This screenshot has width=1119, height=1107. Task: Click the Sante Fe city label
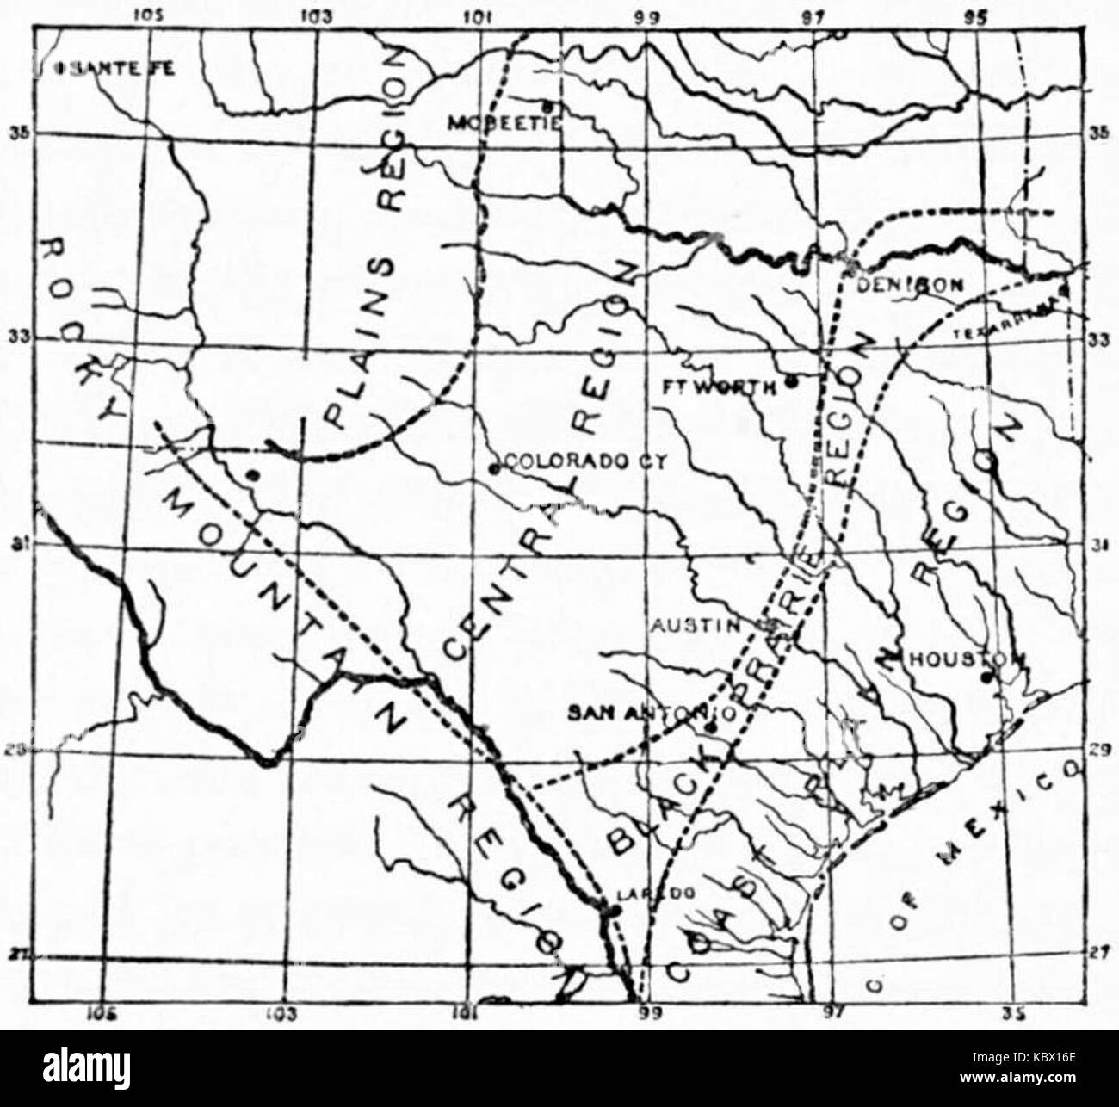(117, 70)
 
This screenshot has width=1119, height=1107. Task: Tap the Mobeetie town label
(504, 123)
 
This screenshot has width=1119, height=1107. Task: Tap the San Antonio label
(650, 713)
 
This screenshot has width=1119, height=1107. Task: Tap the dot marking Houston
(987, 677)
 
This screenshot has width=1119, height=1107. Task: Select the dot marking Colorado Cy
(493, 468)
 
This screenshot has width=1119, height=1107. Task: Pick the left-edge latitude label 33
(15, 337)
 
